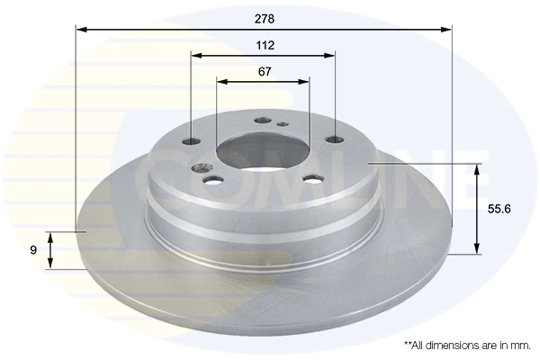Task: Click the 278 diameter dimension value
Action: point(263,18)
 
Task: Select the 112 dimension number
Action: point(263,44)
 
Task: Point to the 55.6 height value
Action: point(499,208)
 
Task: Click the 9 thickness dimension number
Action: point(33,250)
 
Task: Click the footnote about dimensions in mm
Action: point(467,345)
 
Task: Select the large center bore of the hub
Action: point(263,148)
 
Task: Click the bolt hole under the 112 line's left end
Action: point(193,140)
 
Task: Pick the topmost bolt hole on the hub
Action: point(263,119)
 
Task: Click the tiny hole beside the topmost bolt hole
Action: point(282,124)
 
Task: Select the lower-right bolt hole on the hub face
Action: point(313,177)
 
